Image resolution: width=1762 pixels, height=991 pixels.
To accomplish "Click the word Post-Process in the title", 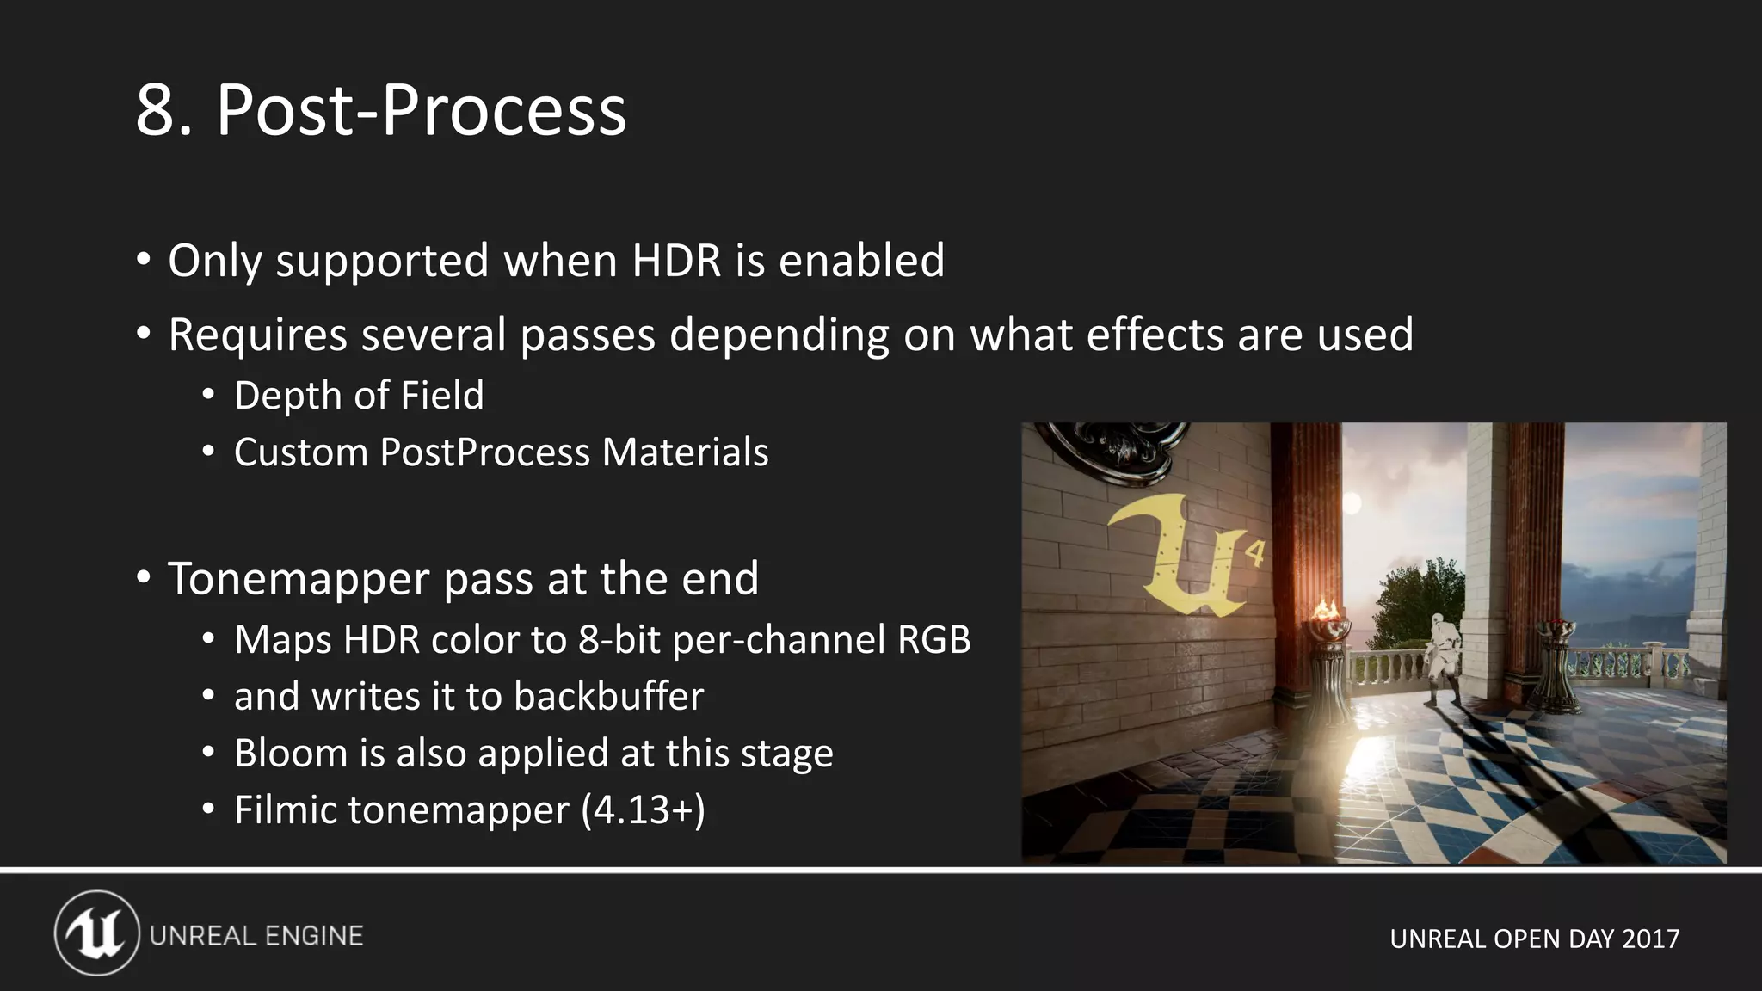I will pyautogui.click(x=421, y=111).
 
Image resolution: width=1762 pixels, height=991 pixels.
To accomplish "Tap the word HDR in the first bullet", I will pyautogui.click(x=676, y=261).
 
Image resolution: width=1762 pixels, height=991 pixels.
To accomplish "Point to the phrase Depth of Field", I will pyautogui.click(x=359, y=396).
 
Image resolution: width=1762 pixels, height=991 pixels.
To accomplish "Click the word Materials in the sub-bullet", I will pyautogui.click(x=685, y=452).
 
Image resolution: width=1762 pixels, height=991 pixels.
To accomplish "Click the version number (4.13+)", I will pyautogui.click(x=643, y=810).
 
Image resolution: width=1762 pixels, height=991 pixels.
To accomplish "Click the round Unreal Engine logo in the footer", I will pyautogui.click(x=96, y=933).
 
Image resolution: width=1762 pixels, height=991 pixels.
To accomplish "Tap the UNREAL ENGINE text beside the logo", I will pyautogui.click(x=256, y=936).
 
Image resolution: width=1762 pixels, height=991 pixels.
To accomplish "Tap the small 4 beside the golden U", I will pyautogui.click(x=1255, y=552).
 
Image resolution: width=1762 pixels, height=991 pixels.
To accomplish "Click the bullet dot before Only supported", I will pyautogui.click(x=144, y=259).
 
